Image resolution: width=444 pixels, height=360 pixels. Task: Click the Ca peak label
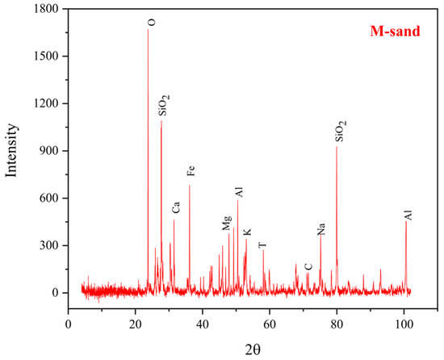[x=176, y=207]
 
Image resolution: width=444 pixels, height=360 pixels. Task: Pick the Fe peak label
[x=191, y=171]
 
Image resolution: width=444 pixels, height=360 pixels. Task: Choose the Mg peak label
[x=227, y=223]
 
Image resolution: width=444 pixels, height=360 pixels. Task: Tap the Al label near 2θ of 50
[x=239, y=192]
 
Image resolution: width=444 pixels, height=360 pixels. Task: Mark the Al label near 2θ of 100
[x=408, y=216]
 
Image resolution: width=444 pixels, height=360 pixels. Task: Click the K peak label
[x=247, y=232]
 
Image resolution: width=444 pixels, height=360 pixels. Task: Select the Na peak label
[x=321, y=229]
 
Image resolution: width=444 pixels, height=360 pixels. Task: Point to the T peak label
[x=262, y=245]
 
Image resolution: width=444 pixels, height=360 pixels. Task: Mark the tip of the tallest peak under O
[x=149, y=29]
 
